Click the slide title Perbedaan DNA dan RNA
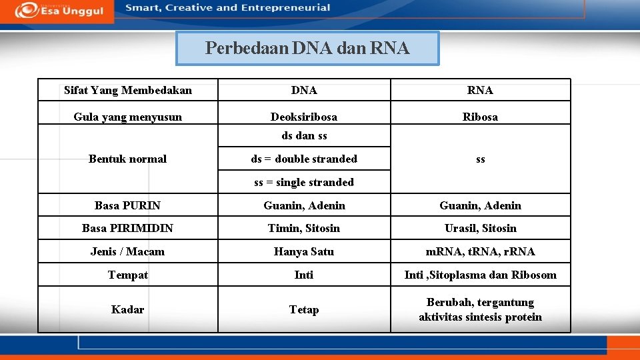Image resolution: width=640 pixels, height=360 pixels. click(x=307, y=48)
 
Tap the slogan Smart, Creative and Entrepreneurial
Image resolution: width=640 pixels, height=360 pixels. click(x=227, y=8)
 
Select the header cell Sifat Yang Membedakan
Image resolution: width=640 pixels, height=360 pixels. click(x=127, y=90)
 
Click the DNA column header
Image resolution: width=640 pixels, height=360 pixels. click(x=304, y=90)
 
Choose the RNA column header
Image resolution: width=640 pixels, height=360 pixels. click(x=480, y=90)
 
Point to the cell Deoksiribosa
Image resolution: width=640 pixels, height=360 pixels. click(x=304, y=117)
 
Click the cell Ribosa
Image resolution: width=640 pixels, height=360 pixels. click(x=480, y=117)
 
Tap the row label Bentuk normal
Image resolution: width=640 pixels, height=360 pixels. click(x=127, y=159)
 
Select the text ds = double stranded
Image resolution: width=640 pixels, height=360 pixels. click(x=304, y=159)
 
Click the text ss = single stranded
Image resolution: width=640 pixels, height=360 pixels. click(x=304, y=182)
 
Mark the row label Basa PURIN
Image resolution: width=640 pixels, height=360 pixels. click(x=127, y=205)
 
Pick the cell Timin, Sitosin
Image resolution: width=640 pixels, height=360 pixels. click(x=304, y=228)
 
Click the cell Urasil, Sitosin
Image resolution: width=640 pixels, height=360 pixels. click(x=480, y=228)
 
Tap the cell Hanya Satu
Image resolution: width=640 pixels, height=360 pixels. click(x=304, y=251)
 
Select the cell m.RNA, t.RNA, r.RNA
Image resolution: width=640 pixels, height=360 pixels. click(x=480, y=251)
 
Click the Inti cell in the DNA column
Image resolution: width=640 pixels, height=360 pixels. click(x=304, y=275)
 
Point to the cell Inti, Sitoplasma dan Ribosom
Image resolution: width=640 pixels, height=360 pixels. click(x=480, y=275)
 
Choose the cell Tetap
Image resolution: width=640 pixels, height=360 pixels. click(x=304, y=309)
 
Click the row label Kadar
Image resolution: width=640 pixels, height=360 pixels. click(x=127, y=309)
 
